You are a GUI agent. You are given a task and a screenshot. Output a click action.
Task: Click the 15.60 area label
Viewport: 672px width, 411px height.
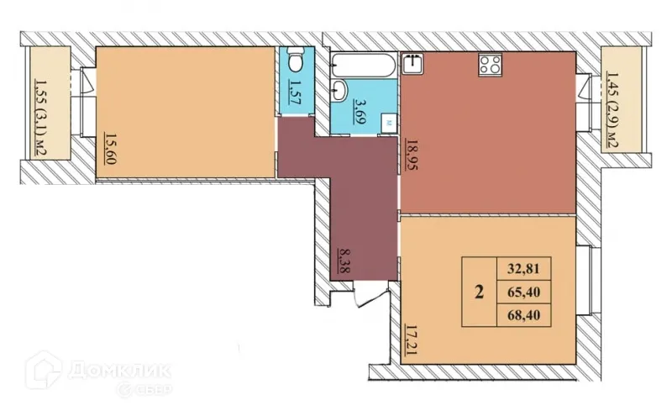[110, 149]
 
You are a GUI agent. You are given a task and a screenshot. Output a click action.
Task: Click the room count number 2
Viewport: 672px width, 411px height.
[479, 293]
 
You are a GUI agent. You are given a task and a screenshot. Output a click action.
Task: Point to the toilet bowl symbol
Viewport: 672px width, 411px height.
[294, 62]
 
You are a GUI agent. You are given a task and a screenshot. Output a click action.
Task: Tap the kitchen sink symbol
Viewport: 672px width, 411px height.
[412, 62]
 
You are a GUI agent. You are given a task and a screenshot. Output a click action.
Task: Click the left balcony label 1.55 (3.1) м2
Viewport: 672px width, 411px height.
[39, 117]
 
